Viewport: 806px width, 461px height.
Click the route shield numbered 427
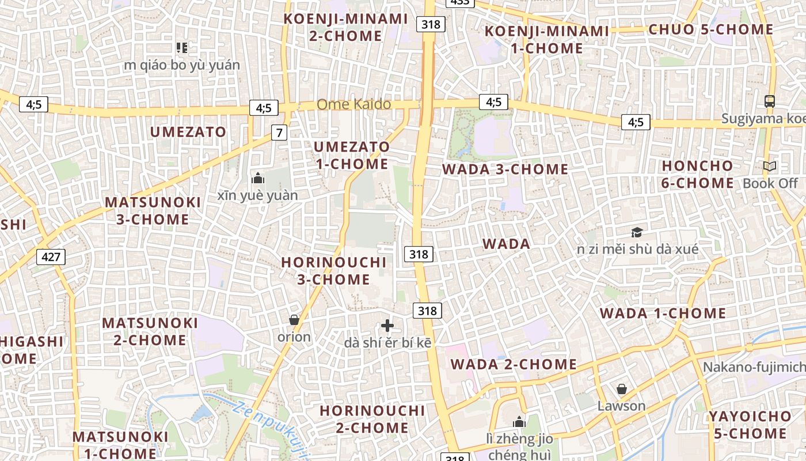point(51,256)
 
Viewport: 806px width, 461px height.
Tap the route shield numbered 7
point(279,133)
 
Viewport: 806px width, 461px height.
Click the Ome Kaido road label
point(353,104)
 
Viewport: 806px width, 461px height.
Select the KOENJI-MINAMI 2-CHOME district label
point(345,27)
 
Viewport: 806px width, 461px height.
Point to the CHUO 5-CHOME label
point(710,29)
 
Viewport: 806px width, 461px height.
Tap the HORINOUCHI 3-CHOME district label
point(333,271)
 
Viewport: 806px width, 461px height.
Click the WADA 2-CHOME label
point(514,364)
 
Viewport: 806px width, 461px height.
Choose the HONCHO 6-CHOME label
point(698,175)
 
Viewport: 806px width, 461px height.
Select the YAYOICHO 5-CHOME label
point(750,425)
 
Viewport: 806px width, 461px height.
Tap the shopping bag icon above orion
point(294,320)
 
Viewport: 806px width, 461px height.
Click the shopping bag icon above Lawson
point(621,389)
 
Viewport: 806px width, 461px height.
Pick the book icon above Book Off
point(769,167)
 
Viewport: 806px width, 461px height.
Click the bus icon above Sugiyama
point(769,101)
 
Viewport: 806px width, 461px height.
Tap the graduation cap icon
point(636,232)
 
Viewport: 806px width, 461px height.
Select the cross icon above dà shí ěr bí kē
point(387,326)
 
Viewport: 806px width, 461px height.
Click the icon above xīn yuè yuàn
point(257,178)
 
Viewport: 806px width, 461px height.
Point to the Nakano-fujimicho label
point(754,367)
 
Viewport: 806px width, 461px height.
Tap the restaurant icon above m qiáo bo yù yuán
point(182,47)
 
